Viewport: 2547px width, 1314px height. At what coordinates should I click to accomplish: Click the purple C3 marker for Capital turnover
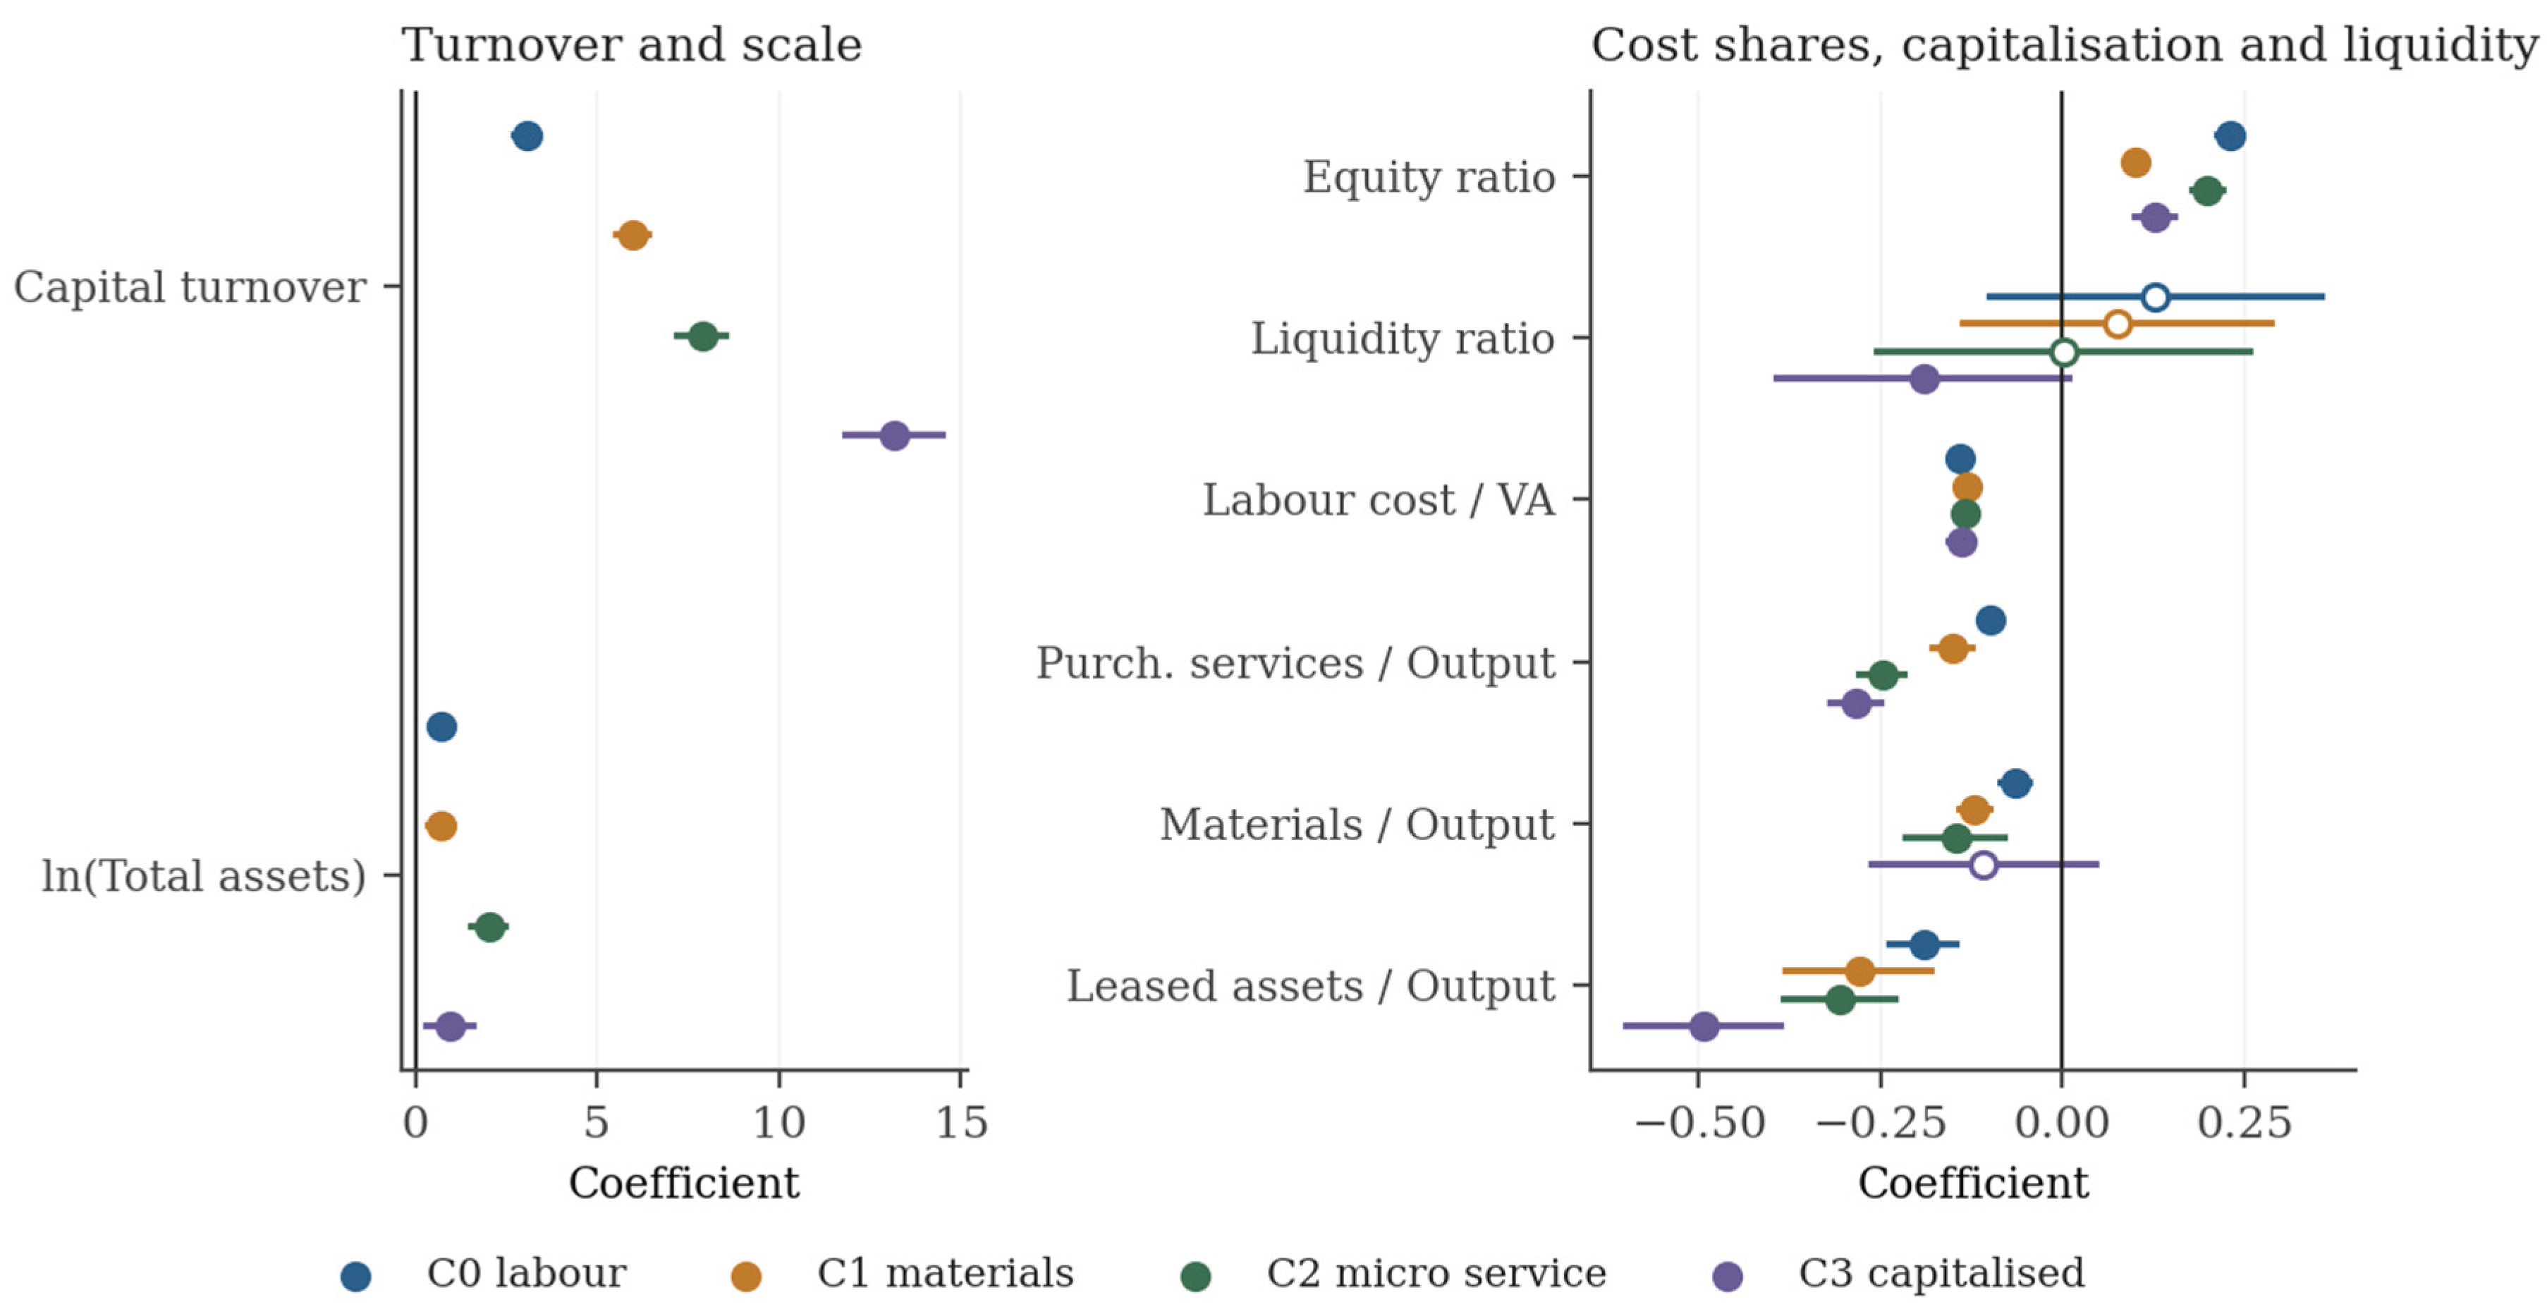[x=894, y=435]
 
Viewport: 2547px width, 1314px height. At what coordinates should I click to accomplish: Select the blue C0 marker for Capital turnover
[x=528, y=136]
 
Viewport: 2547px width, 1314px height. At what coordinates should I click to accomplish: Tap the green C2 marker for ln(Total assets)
[x=489, y=927]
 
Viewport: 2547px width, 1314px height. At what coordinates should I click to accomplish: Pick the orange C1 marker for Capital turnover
[x=633, y=236]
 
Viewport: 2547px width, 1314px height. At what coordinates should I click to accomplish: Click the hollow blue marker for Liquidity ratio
[x=2156, y=297]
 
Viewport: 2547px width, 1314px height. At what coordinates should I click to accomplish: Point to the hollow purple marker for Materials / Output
[x=1982, y=865]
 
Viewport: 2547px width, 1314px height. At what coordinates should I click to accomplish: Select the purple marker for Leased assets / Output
[x=1704, y=1026]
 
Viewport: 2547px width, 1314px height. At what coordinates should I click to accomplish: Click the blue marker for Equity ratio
[x=2230, y=136]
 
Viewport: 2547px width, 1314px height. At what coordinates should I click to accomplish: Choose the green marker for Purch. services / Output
[x=1883, y=676]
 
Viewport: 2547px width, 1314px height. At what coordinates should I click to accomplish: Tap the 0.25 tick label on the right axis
[x=2244, y=1123]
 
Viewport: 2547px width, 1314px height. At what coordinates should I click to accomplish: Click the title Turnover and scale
[x=632, y=45]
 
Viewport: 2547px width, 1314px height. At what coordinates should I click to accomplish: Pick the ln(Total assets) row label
[x=204, y=876]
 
